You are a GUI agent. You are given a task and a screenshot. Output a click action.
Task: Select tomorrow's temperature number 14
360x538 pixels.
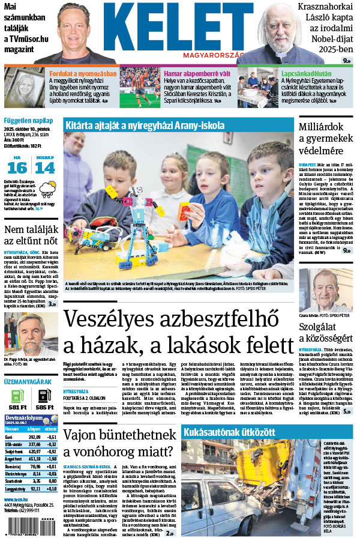[44, 168]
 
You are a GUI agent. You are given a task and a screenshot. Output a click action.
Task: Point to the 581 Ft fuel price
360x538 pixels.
[17, 407]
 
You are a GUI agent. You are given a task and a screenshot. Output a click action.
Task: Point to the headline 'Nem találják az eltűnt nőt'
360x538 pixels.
[30, 236]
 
